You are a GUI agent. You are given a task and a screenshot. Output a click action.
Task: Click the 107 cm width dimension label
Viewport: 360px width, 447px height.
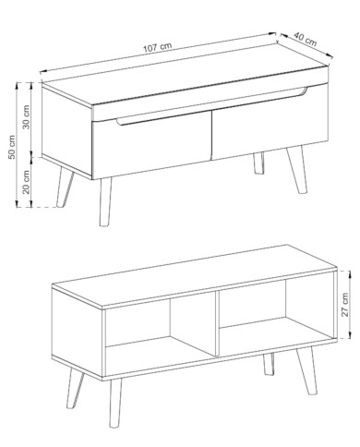pyautogui.click(x=157, y=47)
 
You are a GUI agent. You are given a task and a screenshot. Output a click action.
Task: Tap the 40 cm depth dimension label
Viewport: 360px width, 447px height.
pyautogui.click(x=305, y=39)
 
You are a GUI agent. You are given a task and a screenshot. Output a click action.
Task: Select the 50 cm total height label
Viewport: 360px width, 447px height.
pyautogui.click(x=12, y=147)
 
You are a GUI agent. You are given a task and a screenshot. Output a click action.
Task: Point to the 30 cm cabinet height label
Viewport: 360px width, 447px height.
pyautogui.click(x=26, y=117)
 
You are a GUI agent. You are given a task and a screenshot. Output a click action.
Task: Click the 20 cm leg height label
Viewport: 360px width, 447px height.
pyautogui.click(x=26, y=182)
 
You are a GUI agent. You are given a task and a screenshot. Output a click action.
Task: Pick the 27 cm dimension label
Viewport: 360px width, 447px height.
pyautogui.click(x=345, y=305)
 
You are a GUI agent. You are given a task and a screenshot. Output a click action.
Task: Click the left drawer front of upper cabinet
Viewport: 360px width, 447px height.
pyautogui.click(x=151, y=145)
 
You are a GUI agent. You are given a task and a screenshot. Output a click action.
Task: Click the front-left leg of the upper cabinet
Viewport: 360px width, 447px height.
pyautogui.click(x=104, y=201)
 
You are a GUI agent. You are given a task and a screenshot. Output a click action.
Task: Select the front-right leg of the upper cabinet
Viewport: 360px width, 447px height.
pyautogui.click(x=297, y=170)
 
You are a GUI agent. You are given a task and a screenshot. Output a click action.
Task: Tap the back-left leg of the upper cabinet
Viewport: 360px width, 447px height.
pyautogui.click(x=65, y=187)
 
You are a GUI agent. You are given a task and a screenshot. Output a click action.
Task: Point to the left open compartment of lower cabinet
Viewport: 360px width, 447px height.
pyautogui.click(x=160, y=334)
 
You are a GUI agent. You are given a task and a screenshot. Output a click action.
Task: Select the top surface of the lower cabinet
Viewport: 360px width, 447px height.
pyautogui.click(x=194, y=275)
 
